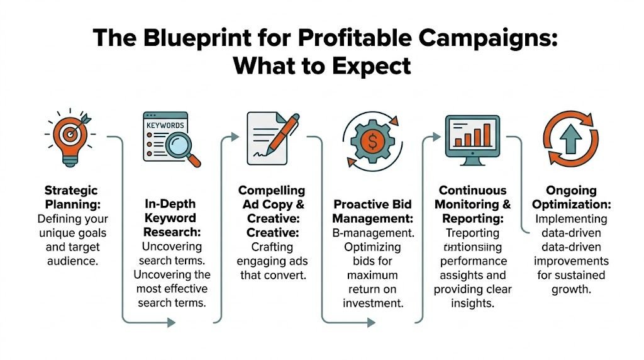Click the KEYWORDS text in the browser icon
pyautogui.click(x=165, y=125)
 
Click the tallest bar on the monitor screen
pyautogui.click(x=486, y=134)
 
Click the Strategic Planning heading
pyautogui.click(x=72, y=196)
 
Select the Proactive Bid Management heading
pyautogui.click(x=373, y=211)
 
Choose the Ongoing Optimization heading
pyautogui.click(x=571, y=196)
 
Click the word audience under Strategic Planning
pyautogui.click(x=72, y=261)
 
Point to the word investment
pyautogui.click(x=373, y=303)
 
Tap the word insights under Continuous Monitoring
pyautogui.click(x=472, y=303)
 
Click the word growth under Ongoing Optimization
pyautogui.click(x=570, y=289)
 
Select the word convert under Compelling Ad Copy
pyautogui.click(x=294, y=275)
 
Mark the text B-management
pyautogui.click(x=373, y=233)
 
